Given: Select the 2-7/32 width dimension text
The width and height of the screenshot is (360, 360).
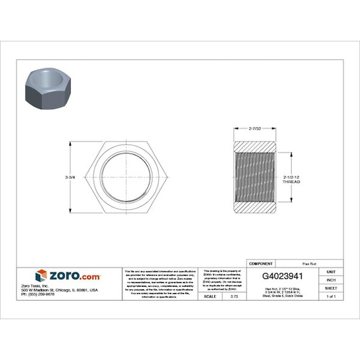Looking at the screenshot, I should (255, 129).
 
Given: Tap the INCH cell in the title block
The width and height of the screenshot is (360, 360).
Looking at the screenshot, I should (331, 279).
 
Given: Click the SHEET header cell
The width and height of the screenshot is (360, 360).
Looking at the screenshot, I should (331, 287).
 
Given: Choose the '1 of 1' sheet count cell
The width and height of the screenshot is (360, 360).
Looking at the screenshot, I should (331, 296).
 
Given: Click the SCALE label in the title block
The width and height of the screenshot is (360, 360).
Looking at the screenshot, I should (209, 296).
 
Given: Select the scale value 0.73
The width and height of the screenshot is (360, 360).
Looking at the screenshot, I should (234, 296).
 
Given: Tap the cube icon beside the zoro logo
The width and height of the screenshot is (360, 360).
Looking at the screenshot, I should (41, 276).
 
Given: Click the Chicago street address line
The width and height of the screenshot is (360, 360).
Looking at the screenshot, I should (59, 290).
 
